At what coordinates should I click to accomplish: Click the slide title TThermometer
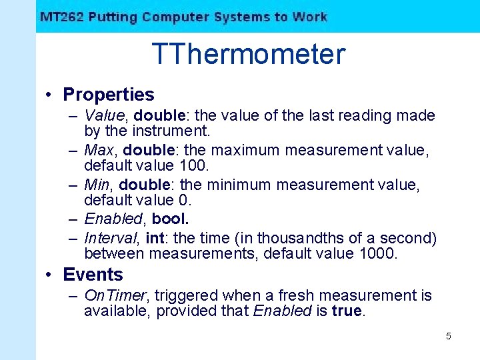[x=249, y=54]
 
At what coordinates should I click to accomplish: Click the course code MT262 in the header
[x=61, y=17]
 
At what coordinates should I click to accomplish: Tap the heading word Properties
[x=108, y=95]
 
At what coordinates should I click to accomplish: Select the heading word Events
[x=93, y=274]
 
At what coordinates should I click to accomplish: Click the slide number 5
[x=448, y=336]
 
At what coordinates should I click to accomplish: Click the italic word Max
[x=99, y=150]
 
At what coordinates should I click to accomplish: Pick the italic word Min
[x=97, y=185]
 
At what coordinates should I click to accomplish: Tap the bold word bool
[x=170, y=219]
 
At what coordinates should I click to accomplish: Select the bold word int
[x=154, y=238]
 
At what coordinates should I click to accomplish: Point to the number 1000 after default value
[x=377, y=253]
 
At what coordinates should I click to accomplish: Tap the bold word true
[x=347, y=311]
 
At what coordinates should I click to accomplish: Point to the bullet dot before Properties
[x=50, y=95]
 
